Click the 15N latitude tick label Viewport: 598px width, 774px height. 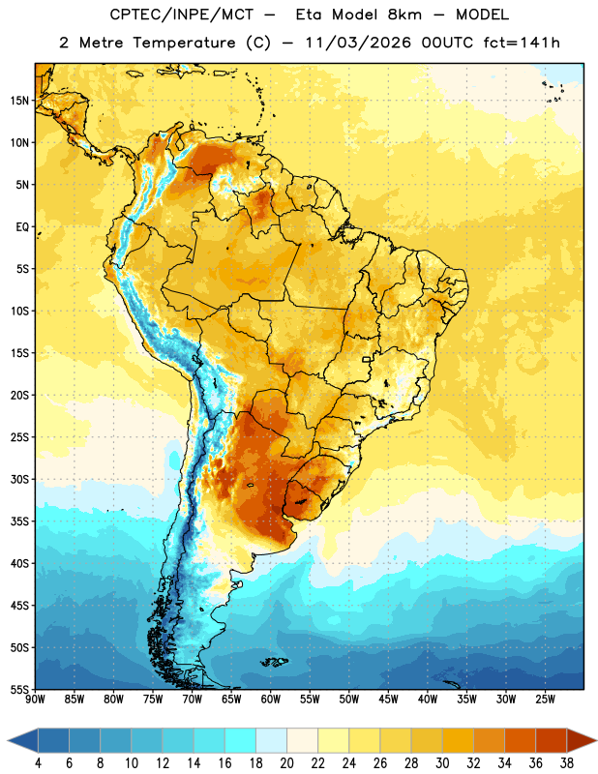coord(19,101)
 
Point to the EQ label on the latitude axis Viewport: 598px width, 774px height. coord(22,227)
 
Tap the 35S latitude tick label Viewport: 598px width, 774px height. coord(19,521)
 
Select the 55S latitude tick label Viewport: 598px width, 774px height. coord(19,690)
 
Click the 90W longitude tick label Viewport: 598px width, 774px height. coord(35,700)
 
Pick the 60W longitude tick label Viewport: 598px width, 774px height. coord(271,700)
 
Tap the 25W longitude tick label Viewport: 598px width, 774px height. coord(545,700)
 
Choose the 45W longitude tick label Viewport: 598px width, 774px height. coord(388,700)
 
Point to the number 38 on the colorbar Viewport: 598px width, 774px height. coord(566,763)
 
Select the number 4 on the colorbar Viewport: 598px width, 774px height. coord(38,763)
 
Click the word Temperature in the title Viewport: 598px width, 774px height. coord(184,43)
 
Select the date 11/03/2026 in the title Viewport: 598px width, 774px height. coord(358,43)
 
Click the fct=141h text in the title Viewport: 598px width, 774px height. coord(522,43)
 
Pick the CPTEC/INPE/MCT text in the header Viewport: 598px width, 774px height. coord(182,15)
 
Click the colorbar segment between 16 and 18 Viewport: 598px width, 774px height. coord(240,740)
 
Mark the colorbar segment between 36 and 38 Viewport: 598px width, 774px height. coord(552,740)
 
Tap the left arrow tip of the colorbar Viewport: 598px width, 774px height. coord(8,740)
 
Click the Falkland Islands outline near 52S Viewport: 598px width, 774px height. coord(274,662)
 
